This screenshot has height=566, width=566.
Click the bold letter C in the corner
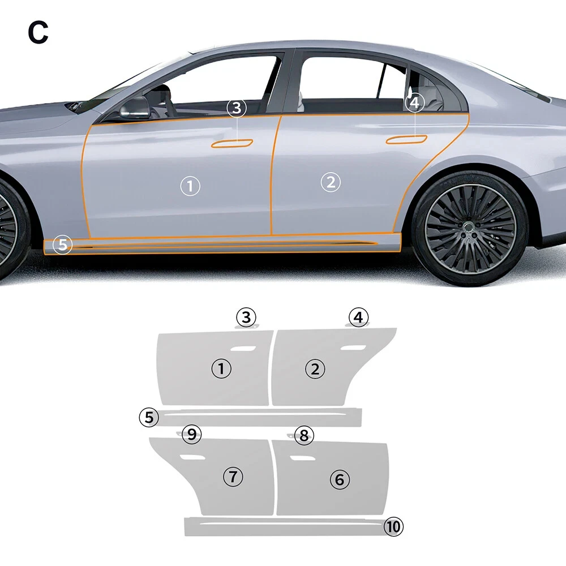pos(38,33)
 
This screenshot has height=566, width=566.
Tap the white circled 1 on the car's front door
pos(190,186)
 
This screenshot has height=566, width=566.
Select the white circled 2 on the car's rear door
pos(331,182)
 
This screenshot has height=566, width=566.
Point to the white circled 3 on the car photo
pos(237,108)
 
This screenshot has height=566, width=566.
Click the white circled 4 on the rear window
pos(415,102)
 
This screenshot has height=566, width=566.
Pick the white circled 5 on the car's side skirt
pos(63,246)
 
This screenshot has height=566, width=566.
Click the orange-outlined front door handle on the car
pos(232,143)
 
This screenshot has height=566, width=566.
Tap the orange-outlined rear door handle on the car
pos(406,140)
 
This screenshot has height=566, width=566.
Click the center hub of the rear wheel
pos(469,228)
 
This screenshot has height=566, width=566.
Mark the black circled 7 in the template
pos(233,476)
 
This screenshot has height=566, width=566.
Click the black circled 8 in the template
pos(305,435)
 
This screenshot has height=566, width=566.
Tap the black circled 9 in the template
pos(192,435)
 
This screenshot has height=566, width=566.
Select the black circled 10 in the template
pos(393,527)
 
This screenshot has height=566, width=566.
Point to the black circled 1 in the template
pos(221,369)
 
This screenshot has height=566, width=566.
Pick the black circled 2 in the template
pos(315,369)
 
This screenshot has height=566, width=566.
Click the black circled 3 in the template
pos(246,318)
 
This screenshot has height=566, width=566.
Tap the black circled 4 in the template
pos(358,318)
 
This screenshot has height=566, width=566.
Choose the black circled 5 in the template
pos(149,418)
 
